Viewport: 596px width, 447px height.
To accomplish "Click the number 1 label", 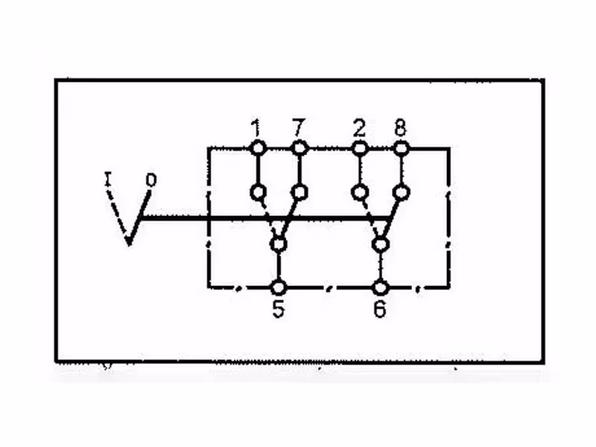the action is (x=256, y=127).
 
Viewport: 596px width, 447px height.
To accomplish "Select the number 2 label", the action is (x=359, y=127).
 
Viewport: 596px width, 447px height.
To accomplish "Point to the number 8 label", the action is (x=401, y=127).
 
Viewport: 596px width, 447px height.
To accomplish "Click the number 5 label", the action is (x=278, y=308).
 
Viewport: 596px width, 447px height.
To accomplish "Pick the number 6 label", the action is (x=380, y=308).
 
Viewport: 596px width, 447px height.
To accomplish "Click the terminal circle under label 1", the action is (x=258, y=148).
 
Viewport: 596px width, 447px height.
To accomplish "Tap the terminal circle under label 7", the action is (x=299, y=148).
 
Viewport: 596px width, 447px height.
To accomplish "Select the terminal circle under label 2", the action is (x=360, y=148).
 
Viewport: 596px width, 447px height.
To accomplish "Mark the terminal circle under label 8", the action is (x=401, y=148).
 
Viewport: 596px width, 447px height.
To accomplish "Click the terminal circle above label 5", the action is (x=279, y=288).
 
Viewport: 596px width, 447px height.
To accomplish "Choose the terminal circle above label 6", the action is (x=380, y=288).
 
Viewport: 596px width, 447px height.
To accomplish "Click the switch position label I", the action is (x=108, y=179).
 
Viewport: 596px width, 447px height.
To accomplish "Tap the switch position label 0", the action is (x=151, y=180).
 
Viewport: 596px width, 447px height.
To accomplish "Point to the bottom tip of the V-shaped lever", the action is (x=129, y=245).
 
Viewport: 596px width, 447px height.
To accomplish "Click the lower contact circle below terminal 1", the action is (x=258, y=192).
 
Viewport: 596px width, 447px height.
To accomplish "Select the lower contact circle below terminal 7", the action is (x=299, y=192).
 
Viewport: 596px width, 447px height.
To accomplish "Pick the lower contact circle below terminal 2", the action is (x=360, y=192).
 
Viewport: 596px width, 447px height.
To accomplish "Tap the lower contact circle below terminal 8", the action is (x=401, y=192).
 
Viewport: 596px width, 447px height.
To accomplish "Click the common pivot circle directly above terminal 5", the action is (x=279, y=244).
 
